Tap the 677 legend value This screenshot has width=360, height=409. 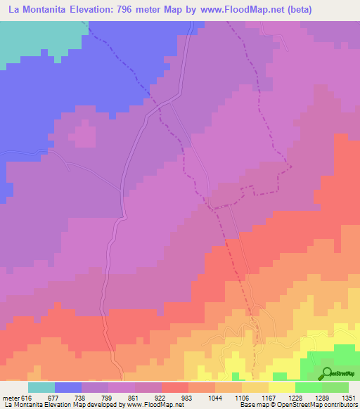pyautogui.click(x=52, y=397)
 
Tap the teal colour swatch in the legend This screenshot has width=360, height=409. pyautogui.click(x=41, y=387)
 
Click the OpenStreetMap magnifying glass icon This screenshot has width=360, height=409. pyautogui.click(x=327, y=374)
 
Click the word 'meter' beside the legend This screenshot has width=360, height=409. pyautogui.click(x=11, y=397)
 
